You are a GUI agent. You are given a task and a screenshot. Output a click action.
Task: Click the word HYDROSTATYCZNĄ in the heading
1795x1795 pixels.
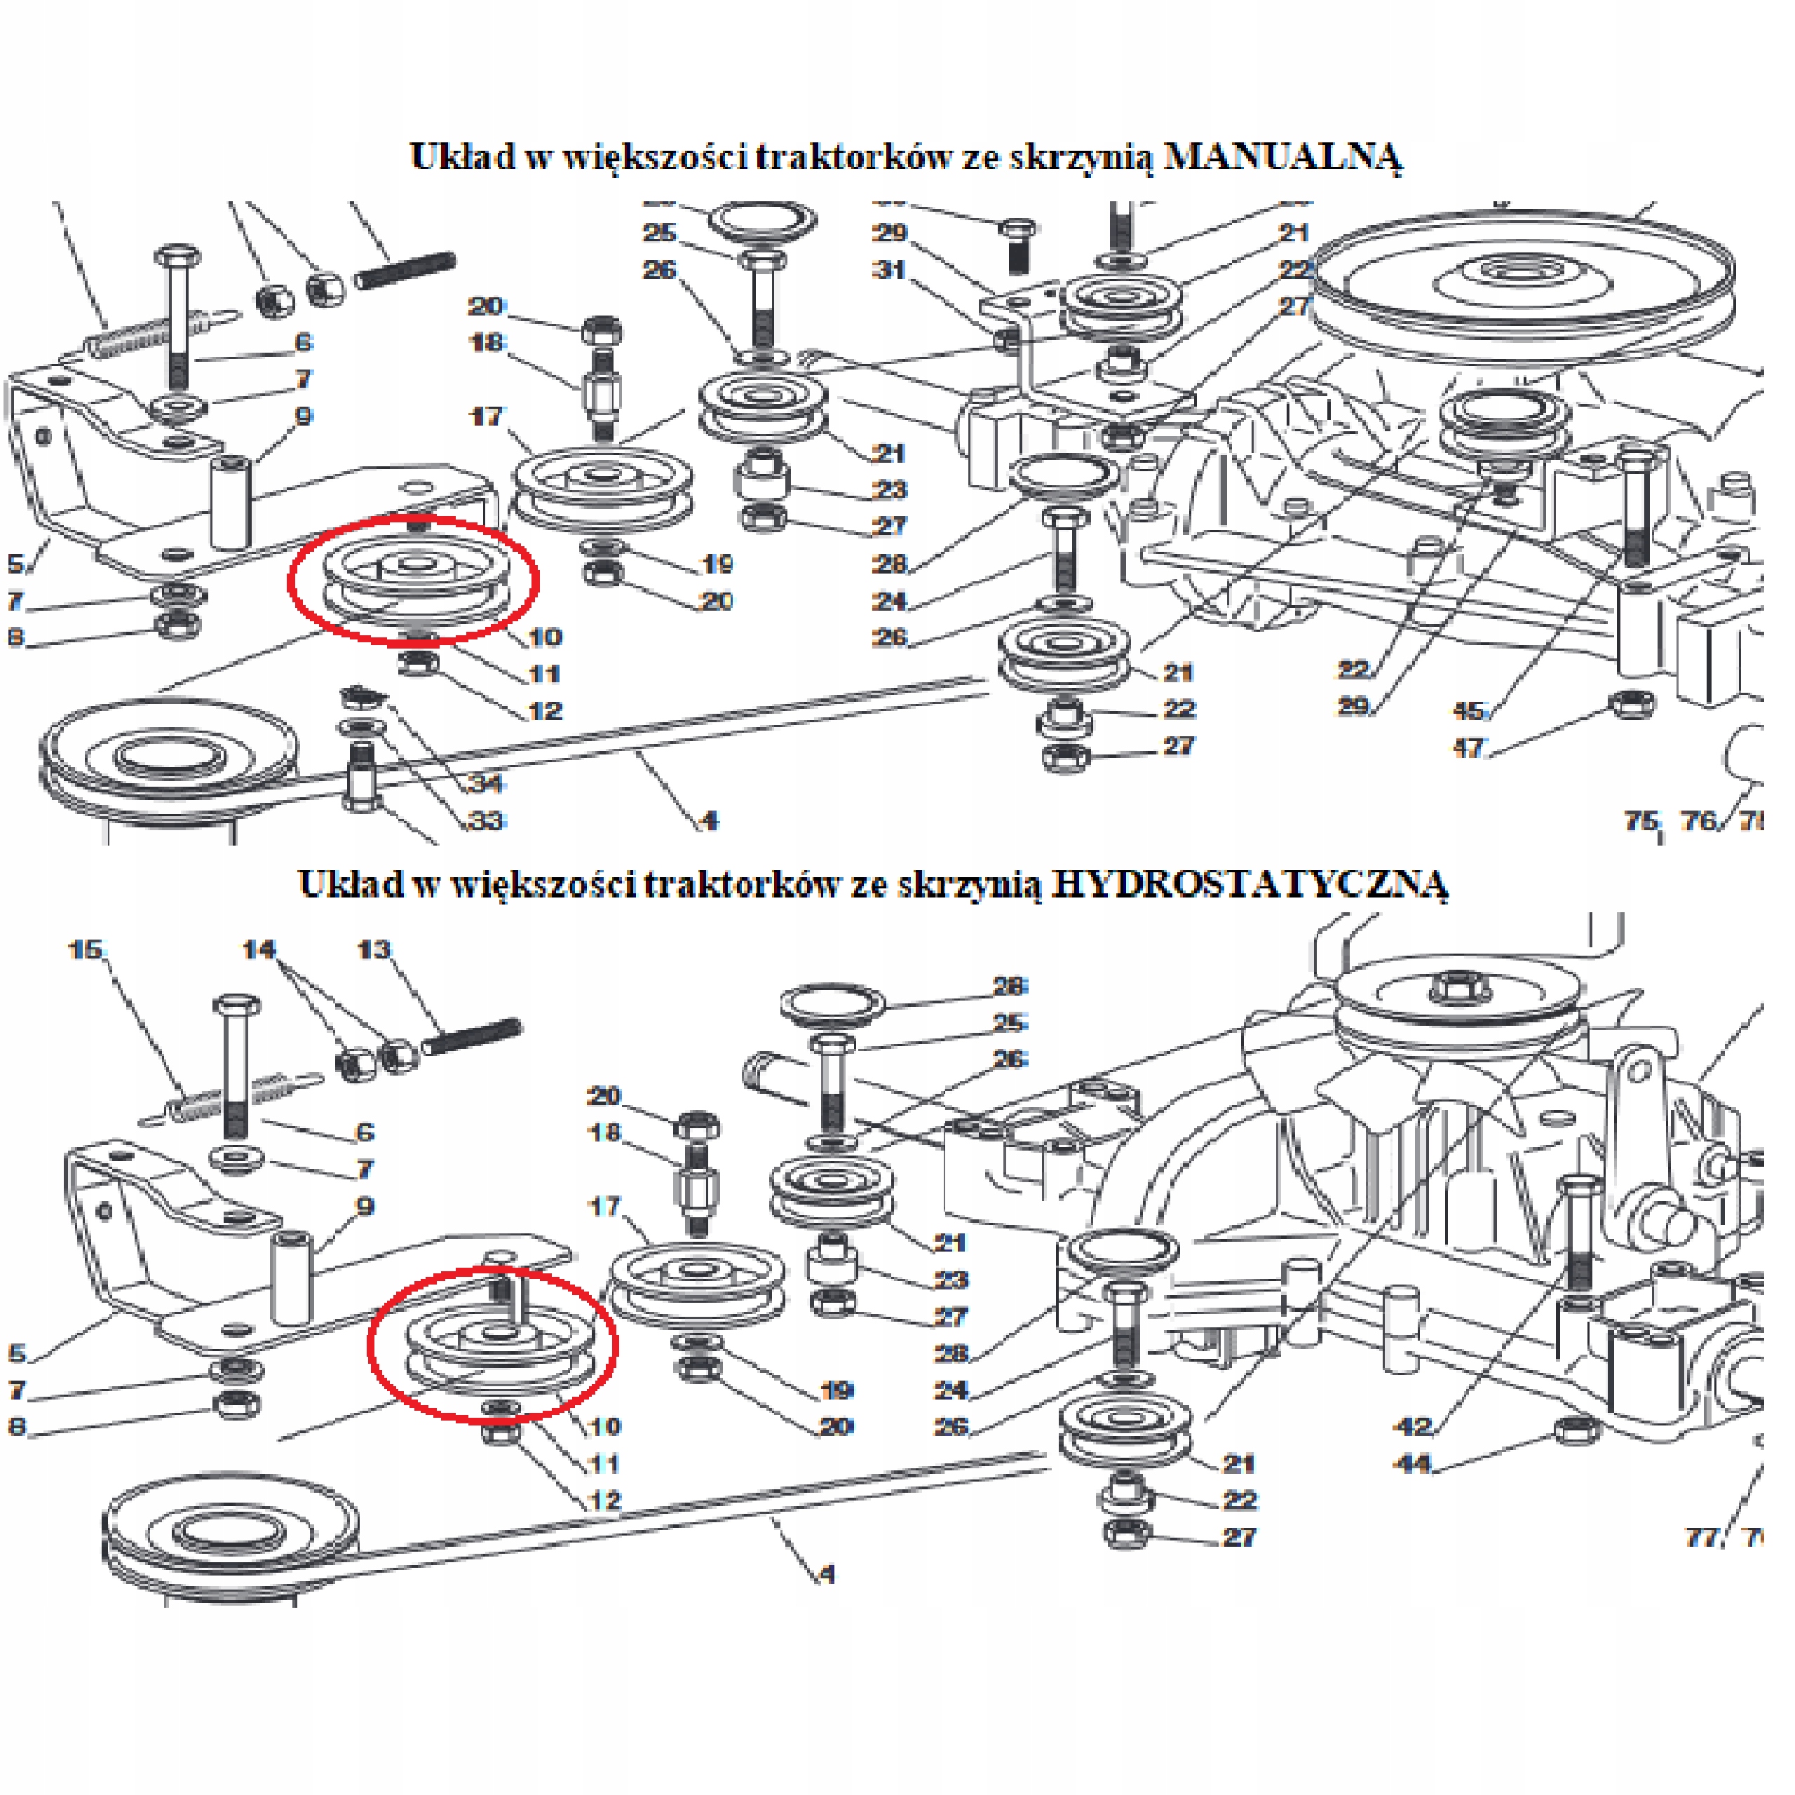1249,883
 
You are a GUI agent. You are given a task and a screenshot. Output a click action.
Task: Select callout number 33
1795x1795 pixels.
486,820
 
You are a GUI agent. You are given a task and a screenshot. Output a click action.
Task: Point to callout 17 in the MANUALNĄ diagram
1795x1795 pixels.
486,416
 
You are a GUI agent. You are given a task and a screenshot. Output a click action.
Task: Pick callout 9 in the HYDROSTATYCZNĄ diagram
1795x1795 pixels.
365,1207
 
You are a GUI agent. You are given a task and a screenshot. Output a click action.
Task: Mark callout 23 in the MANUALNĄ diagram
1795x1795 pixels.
890,489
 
